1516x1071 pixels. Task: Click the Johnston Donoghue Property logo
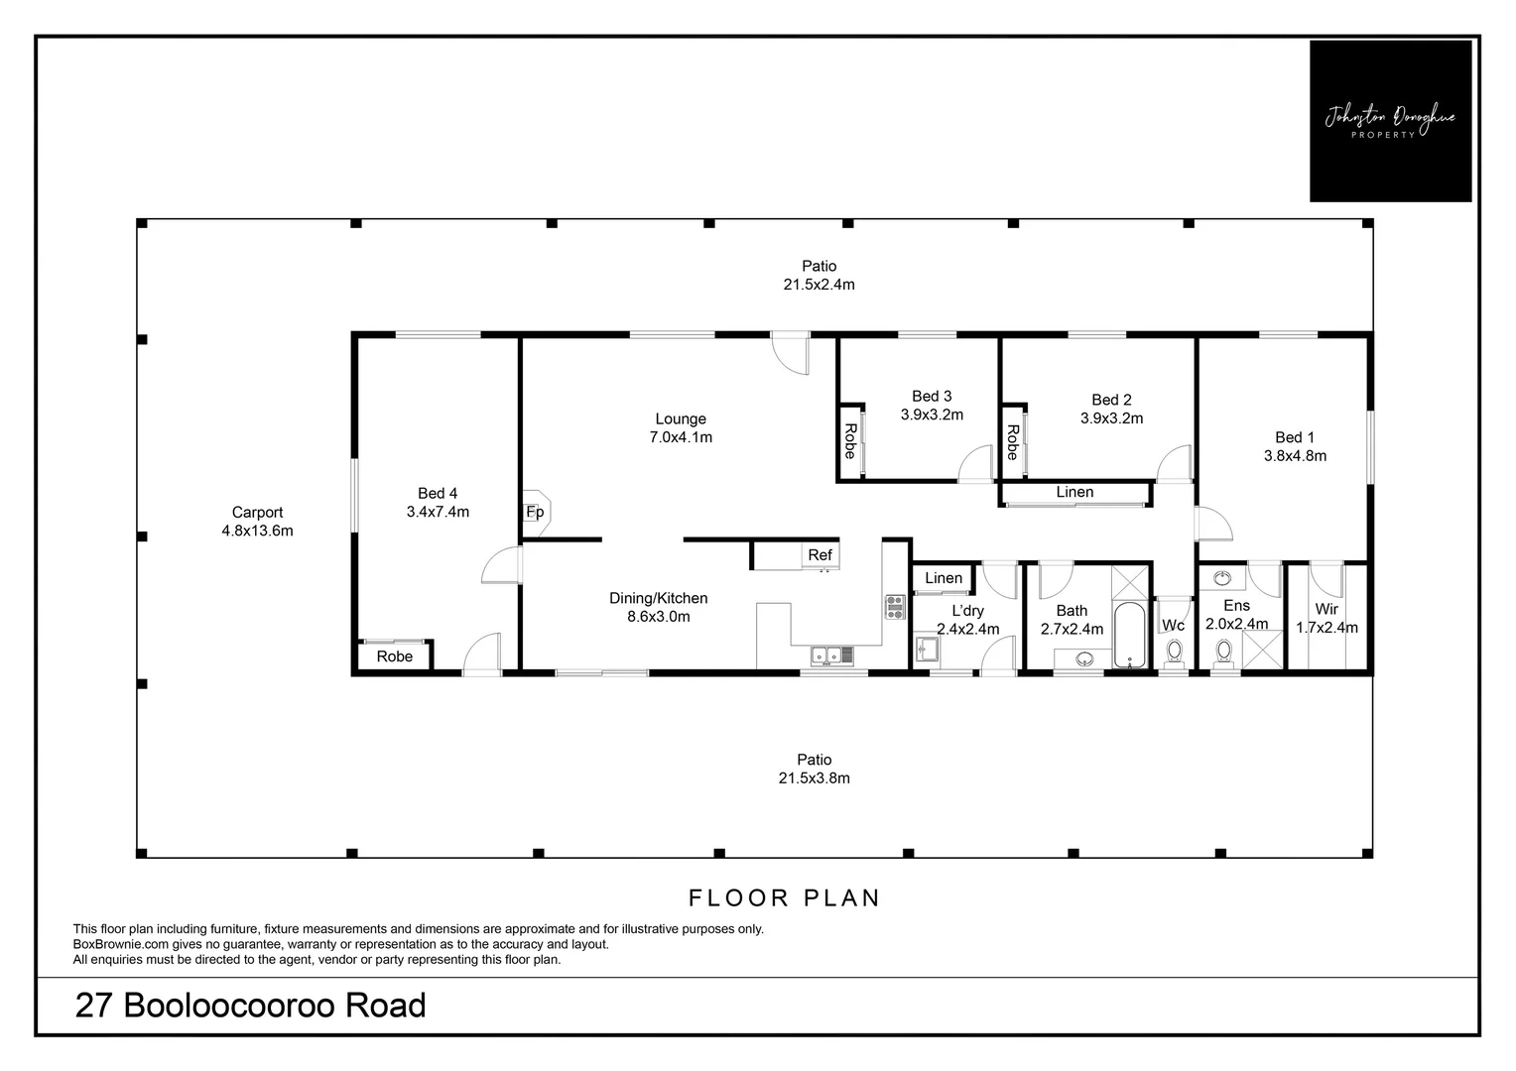click(1390, 121)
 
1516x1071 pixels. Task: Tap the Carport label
click(257, 512)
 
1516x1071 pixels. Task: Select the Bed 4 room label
click(438, 493)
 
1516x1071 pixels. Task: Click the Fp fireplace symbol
click(536, 513)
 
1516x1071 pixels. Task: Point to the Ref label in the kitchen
click(820, 554)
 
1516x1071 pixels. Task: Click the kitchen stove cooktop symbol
click(895, 607)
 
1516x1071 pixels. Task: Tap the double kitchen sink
click(832, 654)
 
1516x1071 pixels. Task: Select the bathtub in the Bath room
click(1129, 635)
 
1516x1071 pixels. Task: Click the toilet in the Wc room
click(1175, 653)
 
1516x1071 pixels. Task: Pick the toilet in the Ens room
click(1224, 653)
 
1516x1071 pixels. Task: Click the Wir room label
click(1326, 609)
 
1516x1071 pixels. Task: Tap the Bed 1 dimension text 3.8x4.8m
click(1295, 456)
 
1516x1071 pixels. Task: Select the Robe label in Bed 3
click(850, 441)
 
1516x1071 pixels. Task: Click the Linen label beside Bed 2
click(1074, 492)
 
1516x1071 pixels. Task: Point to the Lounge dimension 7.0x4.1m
click(681, 437)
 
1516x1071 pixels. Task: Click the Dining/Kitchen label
click(659, 598)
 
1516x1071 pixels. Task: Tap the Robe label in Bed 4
click(395, 656)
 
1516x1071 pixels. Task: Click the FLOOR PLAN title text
click(785, 897)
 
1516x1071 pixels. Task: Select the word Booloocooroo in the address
click(230, 1005)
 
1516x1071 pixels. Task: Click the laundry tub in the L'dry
click(927, 649)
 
